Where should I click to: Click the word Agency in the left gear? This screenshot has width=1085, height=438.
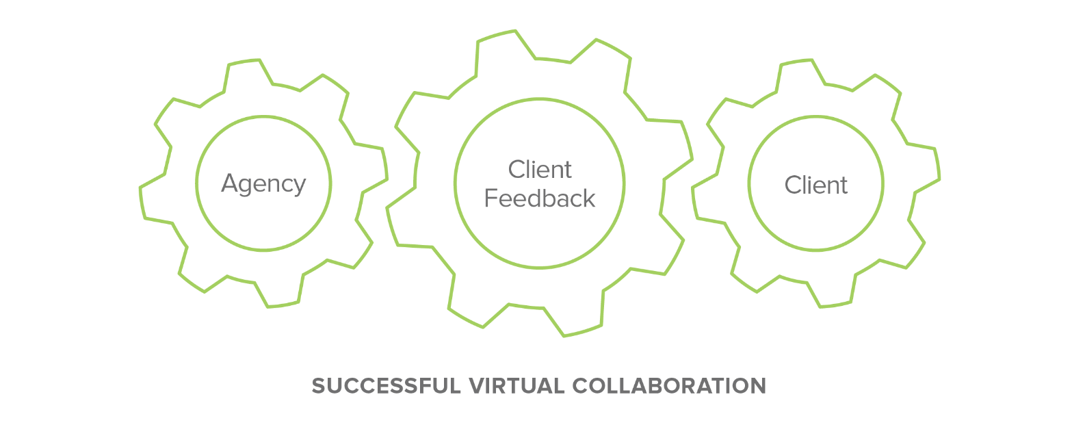263,184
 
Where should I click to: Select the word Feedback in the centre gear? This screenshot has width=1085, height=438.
540,198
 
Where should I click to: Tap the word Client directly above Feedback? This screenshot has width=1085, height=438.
540,169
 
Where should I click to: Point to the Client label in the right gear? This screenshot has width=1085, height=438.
815,185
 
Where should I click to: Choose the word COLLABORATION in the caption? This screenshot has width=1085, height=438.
669,386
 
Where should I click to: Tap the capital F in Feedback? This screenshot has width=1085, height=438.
491,198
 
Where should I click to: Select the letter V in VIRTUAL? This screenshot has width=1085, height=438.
475,386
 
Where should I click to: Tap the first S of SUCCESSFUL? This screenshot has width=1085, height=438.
318,386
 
